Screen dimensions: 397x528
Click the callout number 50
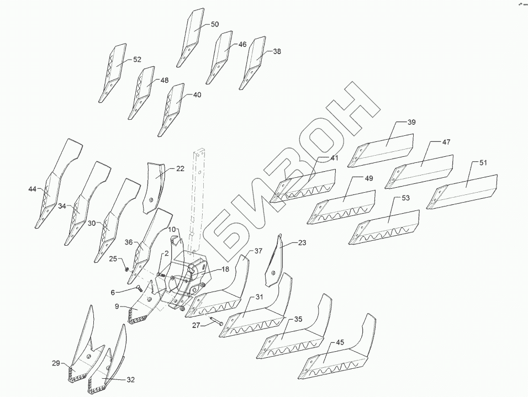coord(215,24)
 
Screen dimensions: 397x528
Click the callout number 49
coord(369,178)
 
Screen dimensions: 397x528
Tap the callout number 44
coord(32,189)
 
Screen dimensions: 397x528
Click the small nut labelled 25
coord(126,269)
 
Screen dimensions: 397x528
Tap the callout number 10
coord(172,229)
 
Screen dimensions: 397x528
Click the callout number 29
coord(56,363)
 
